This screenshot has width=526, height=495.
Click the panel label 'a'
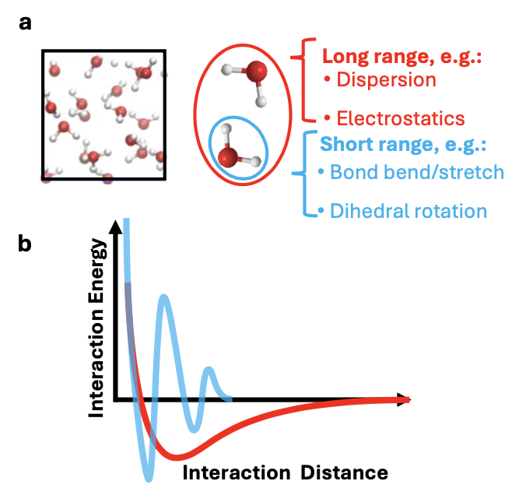click(x=25, y=23)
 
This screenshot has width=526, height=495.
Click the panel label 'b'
click(x=25, y=243)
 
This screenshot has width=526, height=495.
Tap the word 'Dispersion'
click(x=386, y=80)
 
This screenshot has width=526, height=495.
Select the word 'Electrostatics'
click(x=401, y=118)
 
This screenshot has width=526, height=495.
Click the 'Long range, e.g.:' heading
click(x=402, y=56)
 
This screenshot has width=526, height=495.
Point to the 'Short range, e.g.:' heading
click(x=403, y=145)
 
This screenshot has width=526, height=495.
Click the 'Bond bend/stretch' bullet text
click(x=417, y=172)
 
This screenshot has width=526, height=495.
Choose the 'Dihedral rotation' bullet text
click(x=409, y=211)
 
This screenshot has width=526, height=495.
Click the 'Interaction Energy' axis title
click(x=96, y=328)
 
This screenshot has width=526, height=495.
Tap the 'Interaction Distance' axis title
click(x=285, y=473)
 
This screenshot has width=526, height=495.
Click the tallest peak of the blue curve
click(x=163, y=297)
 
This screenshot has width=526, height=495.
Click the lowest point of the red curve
click(x=176, y=457)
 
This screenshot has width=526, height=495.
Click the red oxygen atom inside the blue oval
click(x=228, y=157)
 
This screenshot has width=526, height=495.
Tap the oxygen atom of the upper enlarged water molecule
click(x=257, y=71)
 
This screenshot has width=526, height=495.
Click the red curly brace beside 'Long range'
click(x=304, y=80)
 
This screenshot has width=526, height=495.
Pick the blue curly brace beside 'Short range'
click(x=304, y=174)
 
